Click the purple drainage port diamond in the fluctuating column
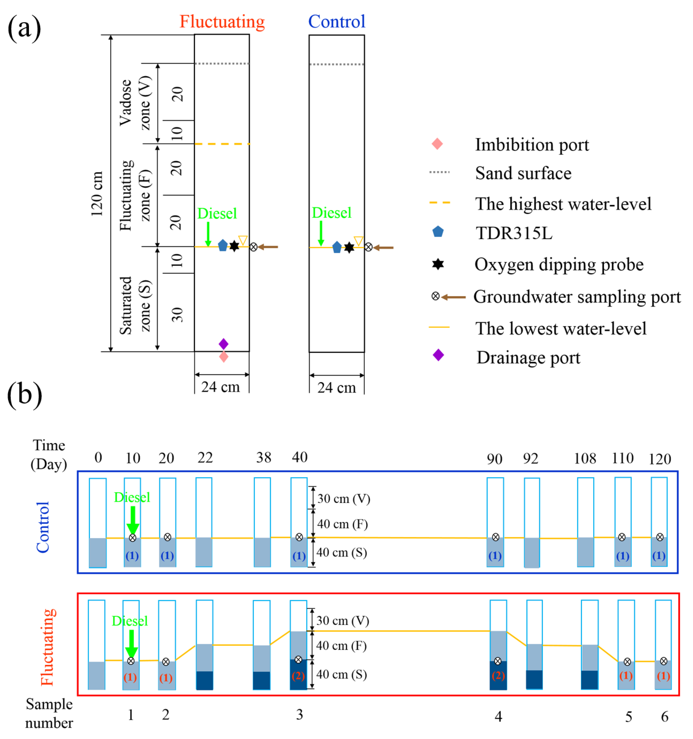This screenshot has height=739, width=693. (223, 344)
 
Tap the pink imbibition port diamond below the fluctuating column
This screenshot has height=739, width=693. (223, 357)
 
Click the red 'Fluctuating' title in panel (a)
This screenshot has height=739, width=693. (222, 22)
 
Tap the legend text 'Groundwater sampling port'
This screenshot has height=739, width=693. (577, 297)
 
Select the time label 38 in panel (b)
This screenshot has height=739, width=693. (264, 458)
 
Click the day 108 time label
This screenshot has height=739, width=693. (585, 459)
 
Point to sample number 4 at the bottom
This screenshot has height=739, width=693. (498, 716)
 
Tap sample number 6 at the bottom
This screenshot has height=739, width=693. (664, 716)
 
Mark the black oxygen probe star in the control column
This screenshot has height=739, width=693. (349, 248)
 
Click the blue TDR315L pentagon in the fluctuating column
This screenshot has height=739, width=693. (222, 245)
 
